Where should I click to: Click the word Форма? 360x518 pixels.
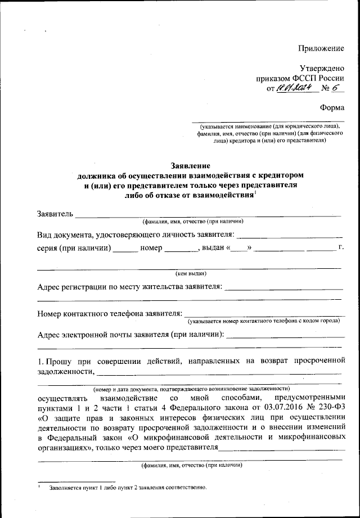coord(331,107)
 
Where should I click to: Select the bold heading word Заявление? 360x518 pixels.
coord(190,166)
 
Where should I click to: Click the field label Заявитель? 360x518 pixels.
coord(55,214)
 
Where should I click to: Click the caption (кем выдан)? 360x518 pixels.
coord(191,274)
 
